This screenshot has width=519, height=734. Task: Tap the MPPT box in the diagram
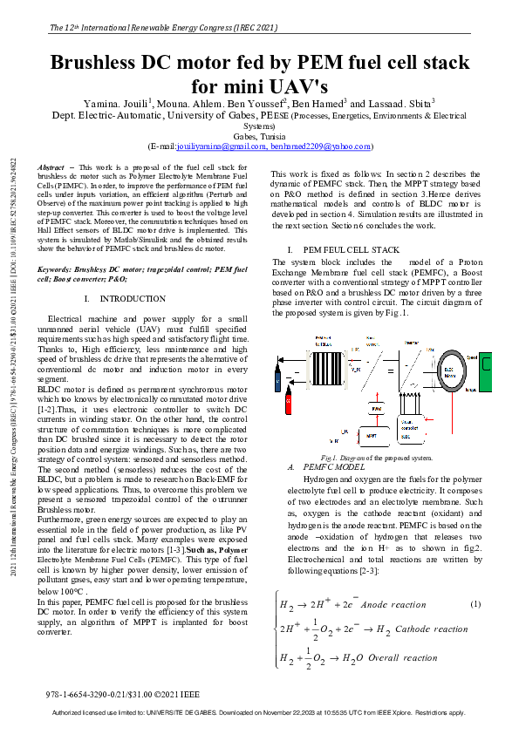pyautogui.click(x=371, y=434)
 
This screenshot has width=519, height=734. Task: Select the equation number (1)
pyautogui.click(x=475, y=605)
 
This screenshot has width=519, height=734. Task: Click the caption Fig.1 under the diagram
pyautogui.click(x=376, y=457)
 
